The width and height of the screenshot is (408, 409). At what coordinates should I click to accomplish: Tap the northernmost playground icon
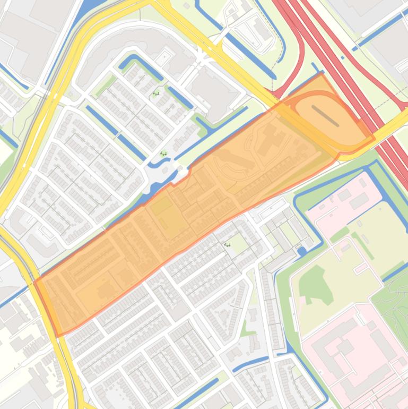(x=155, y=94)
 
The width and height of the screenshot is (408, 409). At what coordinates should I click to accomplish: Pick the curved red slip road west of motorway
(x=294, y=64)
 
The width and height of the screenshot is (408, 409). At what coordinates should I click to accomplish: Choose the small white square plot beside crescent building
(x=164, y=56)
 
